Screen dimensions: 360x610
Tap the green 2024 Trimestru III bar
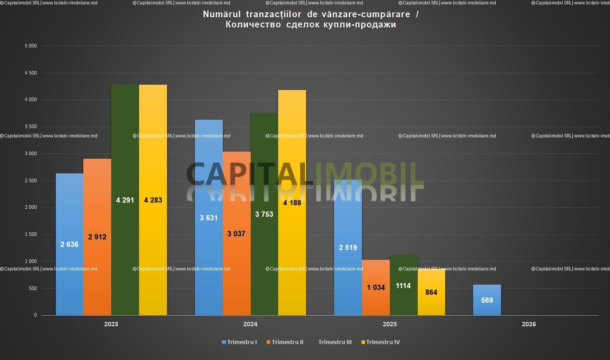[x=264, y=248]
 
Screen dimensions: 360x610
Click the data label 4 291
[x=125, y=200]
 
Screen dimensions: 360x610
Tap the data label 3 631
[x=209, y=218]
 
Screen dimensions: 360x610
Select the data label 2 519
[x=348, y=247]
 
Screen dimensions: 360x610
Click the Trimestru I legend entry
[x=239, y=342]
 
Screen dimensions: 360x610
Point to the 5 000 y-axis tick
[x=31, y=46]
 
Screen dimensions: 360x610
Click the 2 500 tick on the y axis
[x=31, y=180]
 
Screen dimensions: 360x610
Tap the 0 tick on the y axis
[x=35, y=315]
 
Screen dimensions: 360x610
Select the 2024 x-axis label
[x=250, y=324]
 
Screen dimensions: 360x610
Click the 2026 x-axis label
[x=528, y=324]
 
